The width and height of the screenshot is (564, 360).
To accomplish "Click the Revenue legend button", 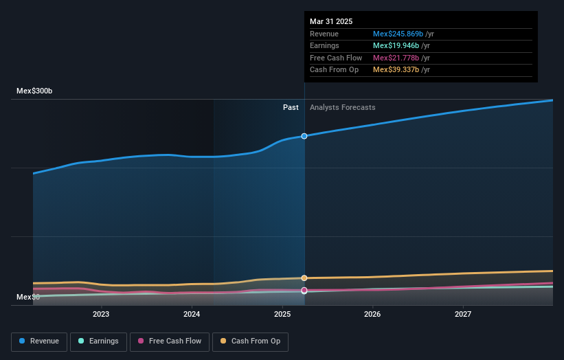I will [x=39, y=341].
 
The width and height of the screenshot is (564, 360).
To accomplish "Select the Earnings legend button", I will [x=98, y=341].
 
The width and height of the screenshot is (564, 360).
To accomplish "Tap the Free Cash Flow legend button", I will [x=170, y=341].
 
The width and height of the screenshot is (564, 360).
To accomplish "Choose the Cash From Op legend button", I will [x=250, y=341].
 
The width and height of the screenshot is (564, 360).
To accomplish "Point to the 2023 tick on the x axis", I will [x=101, y=315].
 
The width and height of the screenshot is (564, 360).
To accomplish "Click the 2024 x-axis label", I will [x=192, y=315].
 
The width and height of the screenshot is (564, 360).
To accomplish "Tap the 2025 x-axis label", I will [x=282, y=315].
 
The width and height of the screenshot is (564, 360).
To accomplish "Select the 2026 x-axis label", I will [x=372, y=315].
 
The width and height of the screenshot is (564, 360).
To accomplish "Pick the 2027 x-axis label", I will [x=463, y=315].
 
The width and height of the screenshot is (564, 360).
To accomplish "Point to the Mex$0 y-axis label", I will [x=28, y=297].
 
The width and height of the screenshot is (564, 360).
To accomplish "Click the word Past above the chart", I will [x=291, y=107].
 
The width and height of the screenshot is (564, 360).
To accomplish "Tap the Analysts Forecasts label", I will [x=342, y=107].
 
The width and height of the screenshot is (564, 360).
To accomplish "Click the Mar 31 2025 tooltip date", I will [x=331, y=21].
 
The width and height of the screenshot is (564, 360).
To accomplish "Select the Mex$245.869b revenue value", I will [x=396, y=34].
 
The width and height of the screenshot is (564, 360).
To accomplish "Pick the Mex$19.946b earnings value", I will [x=394, y=46].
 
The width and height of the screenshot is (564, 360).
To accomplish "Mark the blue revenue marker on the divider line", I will [x=304, y=136].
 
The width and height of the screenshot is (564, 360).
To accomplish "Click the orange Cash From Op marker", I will [x=304, y=278].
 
